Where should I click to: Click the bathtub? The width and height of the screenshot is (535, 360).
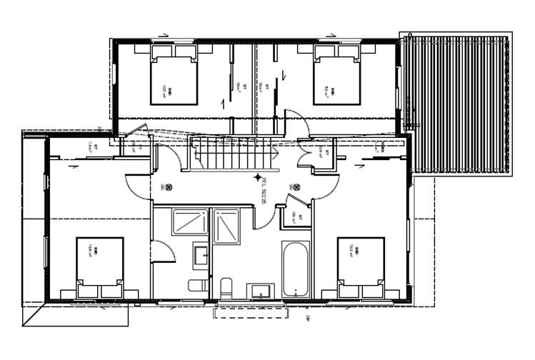(x=295, y=271)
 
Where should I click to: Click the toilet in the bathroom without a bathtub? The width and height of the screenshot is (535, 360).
(x=196, y=286)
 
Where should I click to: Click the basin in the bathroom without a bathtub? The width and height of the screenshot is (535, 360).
(x=200, y=253)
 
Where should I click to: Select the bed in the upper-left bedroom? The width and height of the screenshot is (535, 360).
(x=173, y=76)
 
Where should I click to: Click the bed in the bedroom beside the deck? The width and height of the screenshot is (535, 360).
(x=336, y=76)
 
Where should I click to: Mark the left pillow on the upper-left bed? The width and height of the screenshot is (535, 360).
(x=161, y=51)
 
